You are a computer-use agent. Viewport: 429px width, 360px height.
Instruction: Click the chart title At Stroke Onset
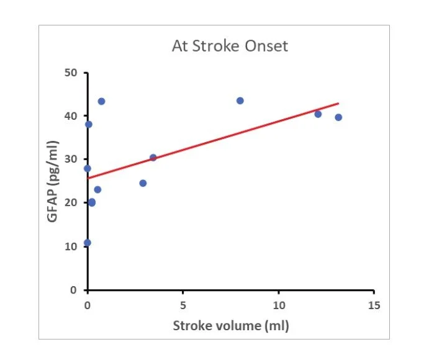pyautogui.click(x=230, y=47)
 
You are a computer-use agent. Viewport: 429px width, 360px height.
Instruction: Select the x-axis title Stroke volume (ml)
pyautogui.click(x=231, y=325)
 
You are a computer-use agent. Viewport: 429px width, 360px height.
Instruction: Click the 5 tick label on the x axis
pyautogui.click(x=183, y=305)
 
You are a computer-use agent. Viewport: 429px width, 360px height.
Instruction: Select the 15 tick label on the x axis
pyautogui.click(x=374, y=305)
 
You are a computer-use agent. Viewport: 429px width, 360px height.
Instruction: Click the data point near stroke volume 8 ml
pyautogui.click(x=240, y=101)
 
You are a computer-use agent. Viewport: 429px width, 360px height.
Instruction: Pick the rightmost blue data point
pyautogui.click(x=338, y=117)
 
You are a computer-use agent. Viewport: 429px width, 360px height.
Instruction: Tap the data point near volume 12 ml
pyautogui.click(x=318, y=114)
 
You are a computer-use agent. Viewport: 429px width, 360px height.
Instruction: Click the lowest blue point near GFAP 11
pyautogui.click(x=88, y=243)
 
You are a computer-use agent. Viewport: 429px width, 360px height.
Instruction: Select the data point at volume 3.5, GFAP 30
pyautogui.click(x=153, y=158)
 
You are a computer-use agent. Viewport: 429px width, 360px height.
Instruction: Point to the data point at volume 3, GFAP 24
pyautogui.click(x=143, y=183)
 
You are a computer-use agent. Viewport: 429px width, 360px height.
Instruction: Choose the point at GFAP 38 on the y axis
pyautogui.click(x=89, y=124)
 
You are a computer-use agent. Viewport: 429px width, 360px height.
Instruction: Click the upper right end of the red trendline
pyautogui.click(x=338, y=103)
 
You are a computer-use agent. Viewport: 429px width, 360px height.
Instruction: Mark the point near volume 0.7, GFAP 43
pyautogui.click(x=101, y=101)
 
